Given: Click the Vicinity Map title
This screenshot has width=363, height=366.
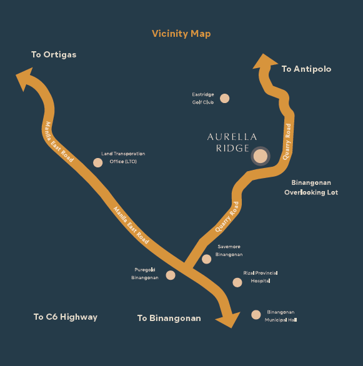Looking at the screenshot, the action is coord(181,34).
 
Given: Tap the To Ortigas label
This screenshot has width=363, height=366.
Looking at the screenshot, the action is coord(54,54).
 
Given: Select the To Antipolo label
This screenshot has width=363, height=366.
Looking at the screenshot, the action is coord(306,69).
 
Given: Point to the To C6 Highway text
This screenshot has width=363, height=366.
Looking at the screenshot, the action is coord(66,317).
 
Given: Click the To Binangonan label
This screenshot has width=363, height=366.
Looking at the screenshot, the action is coord(169,318).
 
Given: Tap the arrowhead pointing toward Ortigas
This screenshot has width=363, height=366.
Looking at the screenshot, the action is coord(24,79).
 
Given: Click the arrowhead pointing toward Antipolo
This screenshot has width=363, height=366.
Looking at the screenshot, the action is coord(265,61).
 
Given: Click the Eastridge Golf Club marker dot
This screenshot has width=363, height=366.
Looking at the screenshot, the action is coord(224,98).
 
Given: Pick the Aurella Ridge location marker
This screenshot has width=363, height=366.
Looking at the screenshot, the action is coord(261,156).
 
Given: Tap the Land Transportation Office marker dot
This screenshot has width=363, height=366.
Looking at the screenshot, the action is coord(98,162).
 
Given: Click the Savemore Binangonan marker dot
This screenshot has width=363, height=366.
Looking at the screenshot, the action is coord(207,259).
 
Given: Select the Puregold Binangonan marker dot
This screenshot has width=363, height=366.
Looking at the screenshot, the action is coord(171,275).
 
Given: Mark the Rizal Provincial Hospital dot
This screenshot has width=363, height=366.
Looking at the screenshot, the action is coord(237,282).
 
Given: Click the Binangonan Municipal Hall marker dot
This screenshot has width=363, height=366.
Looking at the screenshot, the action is coord(256,315).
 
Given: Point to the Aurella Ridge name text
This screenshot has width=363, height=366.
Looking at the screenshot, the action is coord(232,142).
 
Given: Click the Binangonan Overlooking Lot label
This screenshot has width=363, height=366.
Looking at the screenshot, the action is coord(311,187).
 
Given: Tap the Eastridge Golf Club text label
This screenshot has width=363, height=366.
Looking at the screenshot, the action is coord(203,98).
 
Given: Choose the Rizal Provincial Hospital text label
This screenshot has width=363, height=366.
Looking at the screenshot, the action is coord(261,277).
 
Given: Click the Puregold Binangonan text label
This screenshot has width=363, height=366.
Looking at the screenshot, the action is coord(145,274).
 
